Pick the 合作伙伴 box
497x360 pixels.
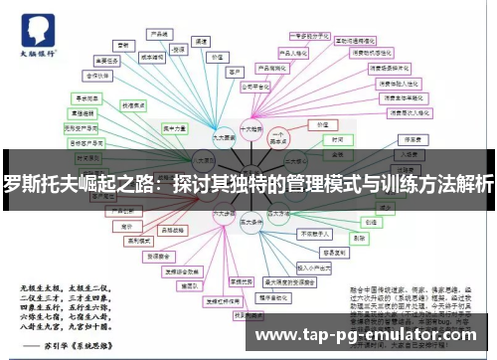[97, 74]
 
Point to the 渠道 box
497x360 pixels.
[202, 42]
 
